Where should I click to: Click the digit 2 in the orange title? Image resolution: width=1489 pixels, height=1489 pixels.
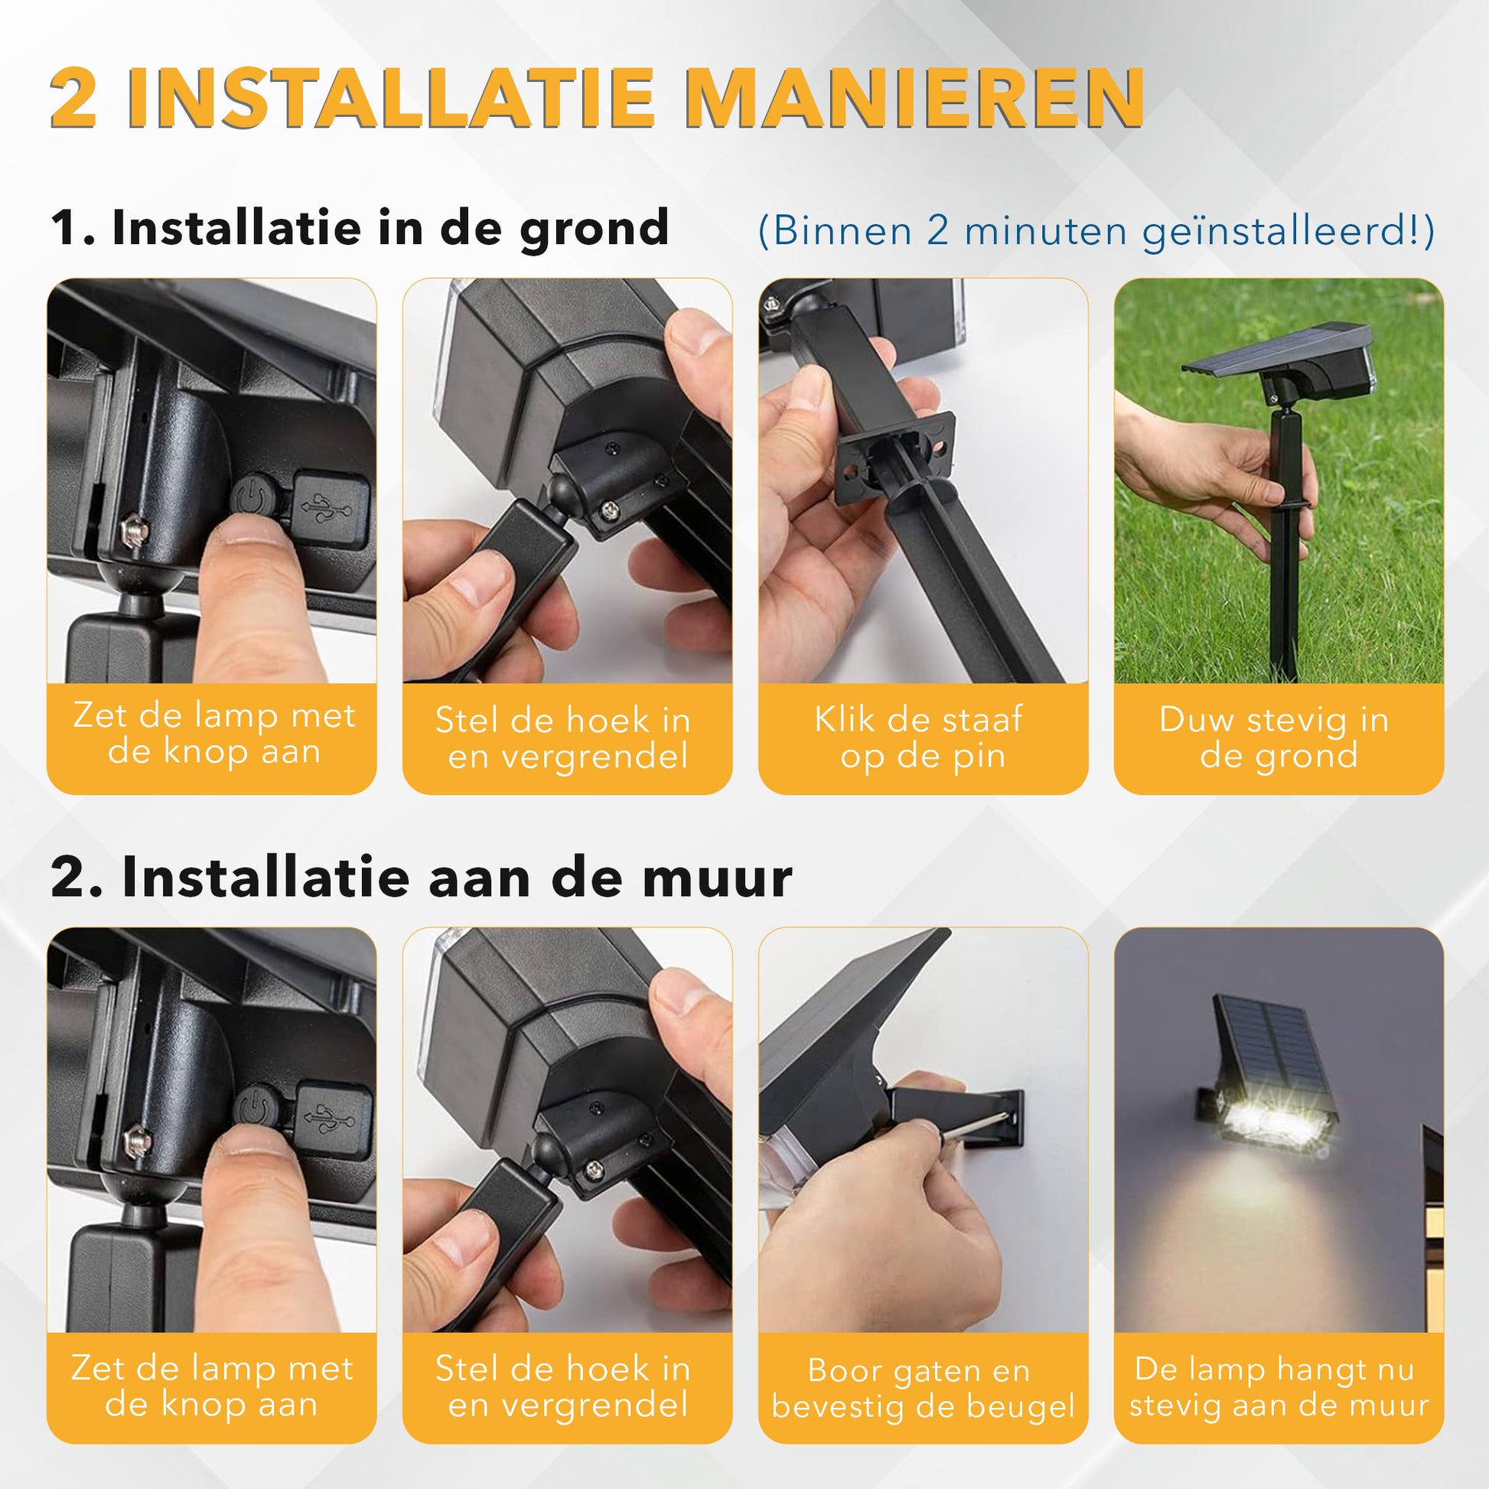(x=74, y=98)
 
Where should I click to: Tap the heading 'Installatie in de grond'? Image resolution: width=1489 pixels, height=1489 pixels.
(x=390, y=228)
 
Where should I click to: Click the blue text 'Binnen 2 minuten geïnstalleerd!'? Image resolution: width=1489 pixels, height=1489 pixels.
(x=1095, y=230)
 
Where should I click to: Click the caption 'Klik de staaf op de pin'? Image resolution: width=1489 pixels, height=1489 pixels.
(x=922, y=738)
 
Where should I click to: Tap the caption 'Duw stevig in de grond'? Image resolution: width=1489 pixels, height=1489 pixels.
(x=1277, y=738)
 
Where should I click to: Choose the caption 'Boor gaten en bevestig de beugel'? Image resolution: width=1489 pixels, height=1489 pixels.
(x=923, y=1388)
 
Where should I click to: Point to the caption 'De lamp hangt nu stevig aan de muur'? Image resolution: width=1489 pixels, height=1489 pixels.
(x=1279, y=1387)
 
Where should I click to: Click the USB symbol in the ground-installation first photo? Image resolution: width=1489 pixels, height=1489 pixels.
(x=327, y=508)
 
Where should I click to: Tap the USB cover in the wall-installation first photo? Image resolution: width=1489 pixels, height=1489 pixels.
(x=333, y=1119)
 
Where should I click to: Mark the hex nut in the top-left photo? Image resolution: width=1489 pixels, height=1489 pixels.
(x=134, y=532)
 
